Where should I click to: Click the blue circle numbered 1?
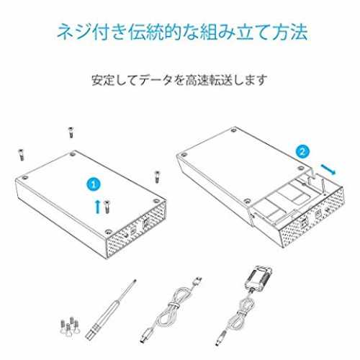[94, 184]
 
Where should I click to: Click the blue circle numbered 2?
[302, 152]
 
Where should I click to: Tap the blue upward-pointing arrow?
[97, 207]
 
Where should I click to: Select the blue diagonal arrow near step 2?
[328, 168]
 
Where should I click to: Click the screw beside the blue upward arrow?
[107, 207]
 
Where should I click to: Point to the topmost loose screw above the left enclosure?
[71, 132]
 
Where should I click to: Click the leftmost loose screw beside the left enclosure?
[22, 155]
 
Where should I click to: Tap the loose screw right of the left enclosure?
[157, 177]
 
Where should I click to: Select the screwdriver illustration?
[111, 310]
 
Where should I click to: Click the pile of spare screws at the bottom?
[70, 326]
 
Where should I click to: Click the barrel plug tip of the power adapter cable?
[221, 339]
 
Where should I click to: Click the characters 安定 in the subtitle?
[103, 80]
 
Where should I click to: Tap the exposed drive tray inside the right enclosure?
[286, 202]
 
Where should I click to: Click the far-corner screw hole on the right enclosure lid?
[233, 131]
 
